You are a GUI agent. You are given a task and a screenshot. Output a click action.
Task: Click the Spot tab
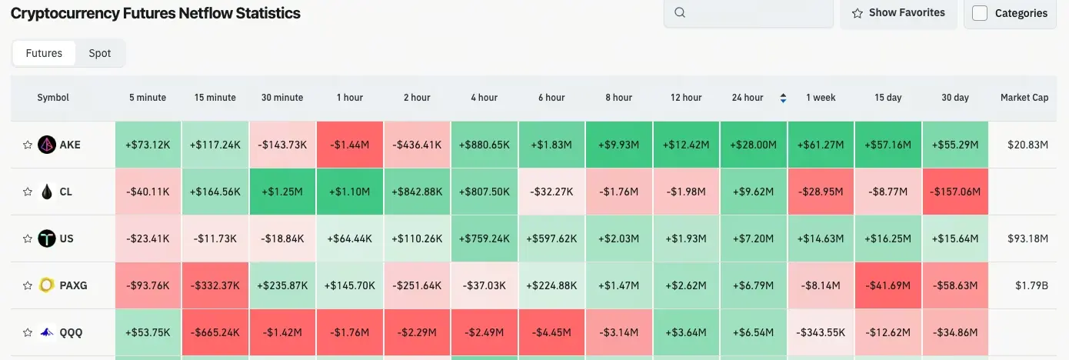point(100,53)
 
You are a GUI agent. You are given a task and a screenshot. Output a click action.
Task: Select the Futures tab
point(44,53)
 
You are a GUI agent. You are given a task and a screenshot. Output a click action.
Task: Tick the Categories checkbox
point(980,13)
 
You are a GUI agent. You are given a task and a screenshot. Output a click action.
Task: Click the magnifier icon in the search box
point(680,12)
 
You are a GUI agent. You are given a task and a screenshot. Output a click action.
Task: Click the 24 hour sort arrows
point(783,98)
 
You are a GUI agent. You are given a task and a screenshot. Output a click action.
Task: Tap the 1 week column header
point(821,98)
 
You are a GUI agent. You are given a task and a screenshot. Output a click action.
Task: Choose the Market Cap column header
point(1024,98)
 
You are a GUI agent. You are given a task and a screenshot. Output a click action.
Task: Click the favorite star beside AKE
point(28,145)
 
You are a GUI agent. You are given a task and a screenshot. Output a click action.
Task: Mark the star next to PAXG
point(28,285)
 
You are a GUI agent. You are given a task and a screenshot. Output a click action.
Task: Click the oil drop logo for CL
point(47,192)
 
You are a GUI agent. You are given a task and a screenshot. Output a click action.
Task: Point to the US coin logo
point(47,238)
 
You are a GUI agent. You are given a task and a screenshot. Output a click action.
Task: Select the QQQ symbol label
point(71,332)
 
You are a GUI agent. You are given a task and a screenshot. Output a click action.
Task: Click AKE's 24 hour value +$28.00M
point(754,145)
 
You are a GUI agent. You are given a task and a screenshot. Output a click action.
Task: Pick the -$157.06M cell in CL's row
point(955,192)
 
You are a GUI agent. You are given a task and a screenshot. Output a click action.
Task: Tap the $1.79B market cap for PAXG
point(1032,285)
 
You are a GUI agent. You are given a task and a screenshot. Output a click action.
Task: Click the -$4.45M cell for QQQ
point(551,332)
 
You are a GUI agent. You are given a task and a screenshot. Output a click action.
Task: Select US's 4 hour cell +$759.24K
point(485,238)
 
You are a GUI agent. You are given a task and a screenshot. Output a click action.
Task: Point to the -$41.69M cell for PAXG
point(888,285)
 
